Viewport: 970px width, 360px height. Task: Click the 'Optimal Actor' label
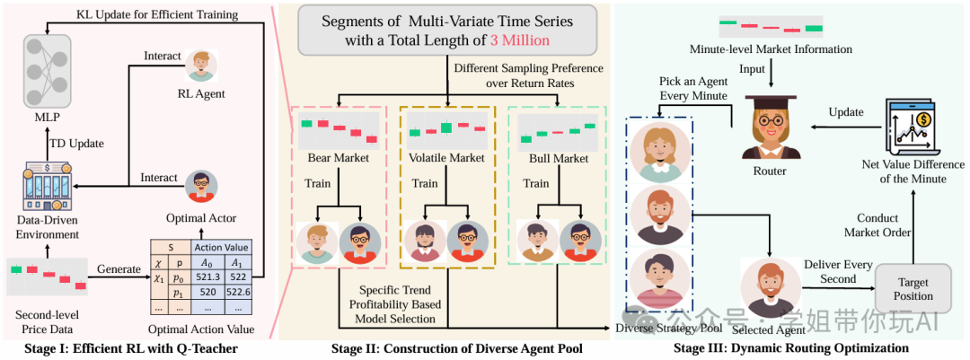(199, 218)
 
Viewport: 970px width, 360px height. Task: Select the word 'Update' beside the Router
(847, 112)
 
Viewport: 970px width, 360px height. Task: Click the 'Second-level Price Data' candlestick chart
(47, 276)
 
